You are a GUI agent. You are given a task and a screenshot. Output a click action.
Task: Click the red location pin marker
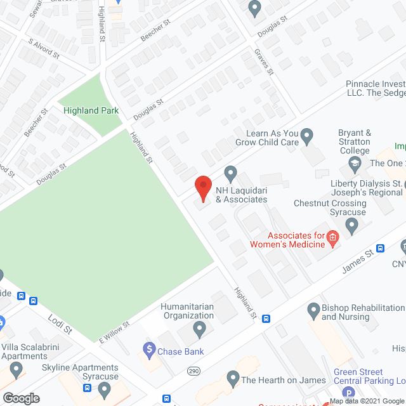(202, 188)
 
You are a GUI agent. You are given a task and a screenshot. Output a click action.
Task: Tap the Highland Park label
(91, 110)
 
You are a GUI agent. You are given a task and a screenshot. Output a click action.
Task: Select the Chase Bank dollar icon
(149, 348)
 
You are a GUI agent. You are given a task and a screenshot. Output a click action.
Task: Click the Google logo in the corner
(21, 398)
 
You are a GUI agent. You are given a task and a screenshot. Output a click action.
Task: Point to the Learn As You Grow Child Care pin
(307, 134)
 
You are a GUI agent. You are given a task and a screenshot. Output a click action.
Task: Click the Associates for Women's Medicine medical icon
(332, 239)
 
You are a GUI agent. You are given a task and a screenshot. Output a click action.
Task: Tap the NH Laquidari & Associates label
(241, 195)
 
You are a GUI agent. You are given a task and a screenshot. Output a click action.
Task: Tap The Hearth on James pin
(232, 380)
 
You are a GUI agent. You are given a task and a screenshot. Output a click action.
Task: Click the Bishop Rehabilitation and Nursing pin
(313, 310)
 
